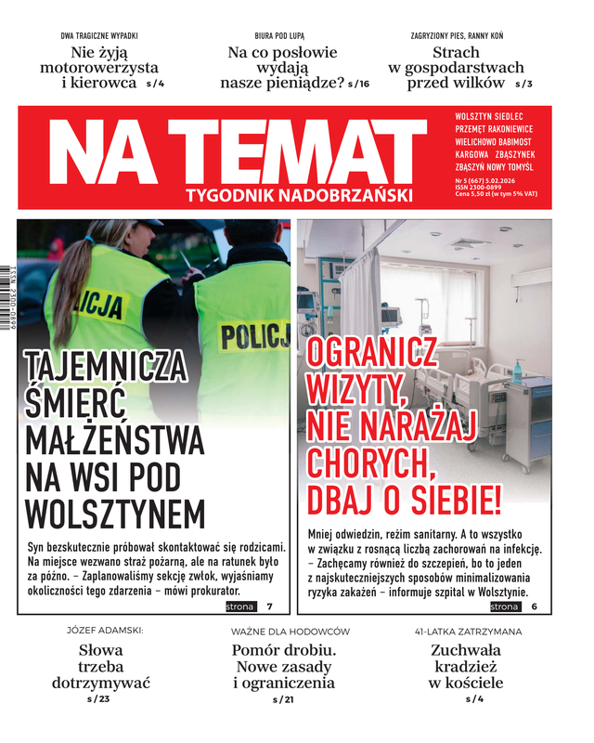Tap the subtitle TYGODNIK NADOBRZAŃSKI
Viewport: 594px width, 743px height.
point(298,195)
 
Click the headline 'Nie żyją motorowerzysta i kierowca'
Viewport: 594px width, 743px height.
point(99,67)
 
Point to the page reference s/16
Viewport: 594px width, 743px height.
point(358,84)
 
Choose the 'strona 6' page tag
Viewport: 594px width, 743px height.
point(518,606)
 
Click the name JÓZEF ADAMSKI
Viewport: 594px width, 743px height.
point(100,631)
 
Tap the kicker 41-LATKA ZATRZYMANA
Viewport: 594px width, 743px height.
point(468,631)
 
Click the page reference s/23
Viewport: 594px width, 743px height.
point(98,698)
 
